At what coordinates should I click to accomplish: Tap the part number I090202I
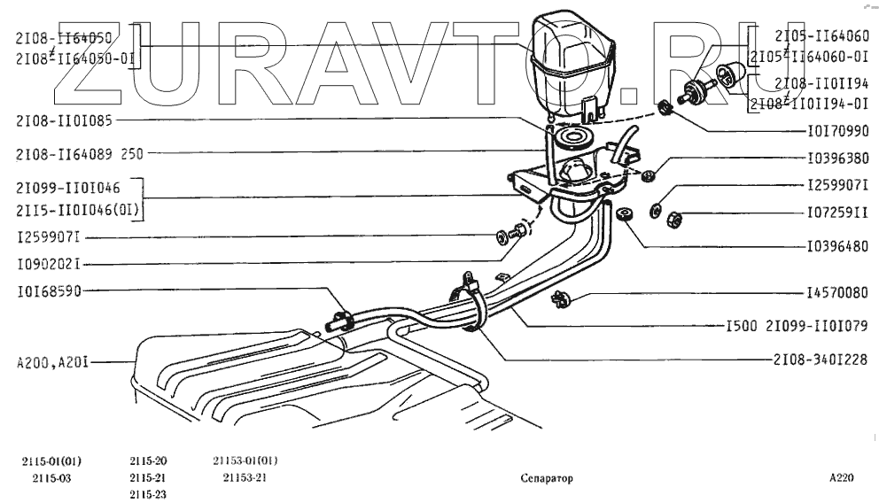point(49,263)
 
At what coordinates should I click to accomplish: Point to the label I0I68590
point(49,290)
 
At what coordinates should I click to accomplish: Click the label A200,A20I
point(50,361)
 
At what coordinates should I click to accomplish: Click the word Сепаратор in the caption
point(547,478)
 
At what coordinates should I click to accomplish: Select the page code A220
point(842,478)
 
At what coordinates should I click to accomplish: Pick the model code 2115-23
point(148,494)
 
